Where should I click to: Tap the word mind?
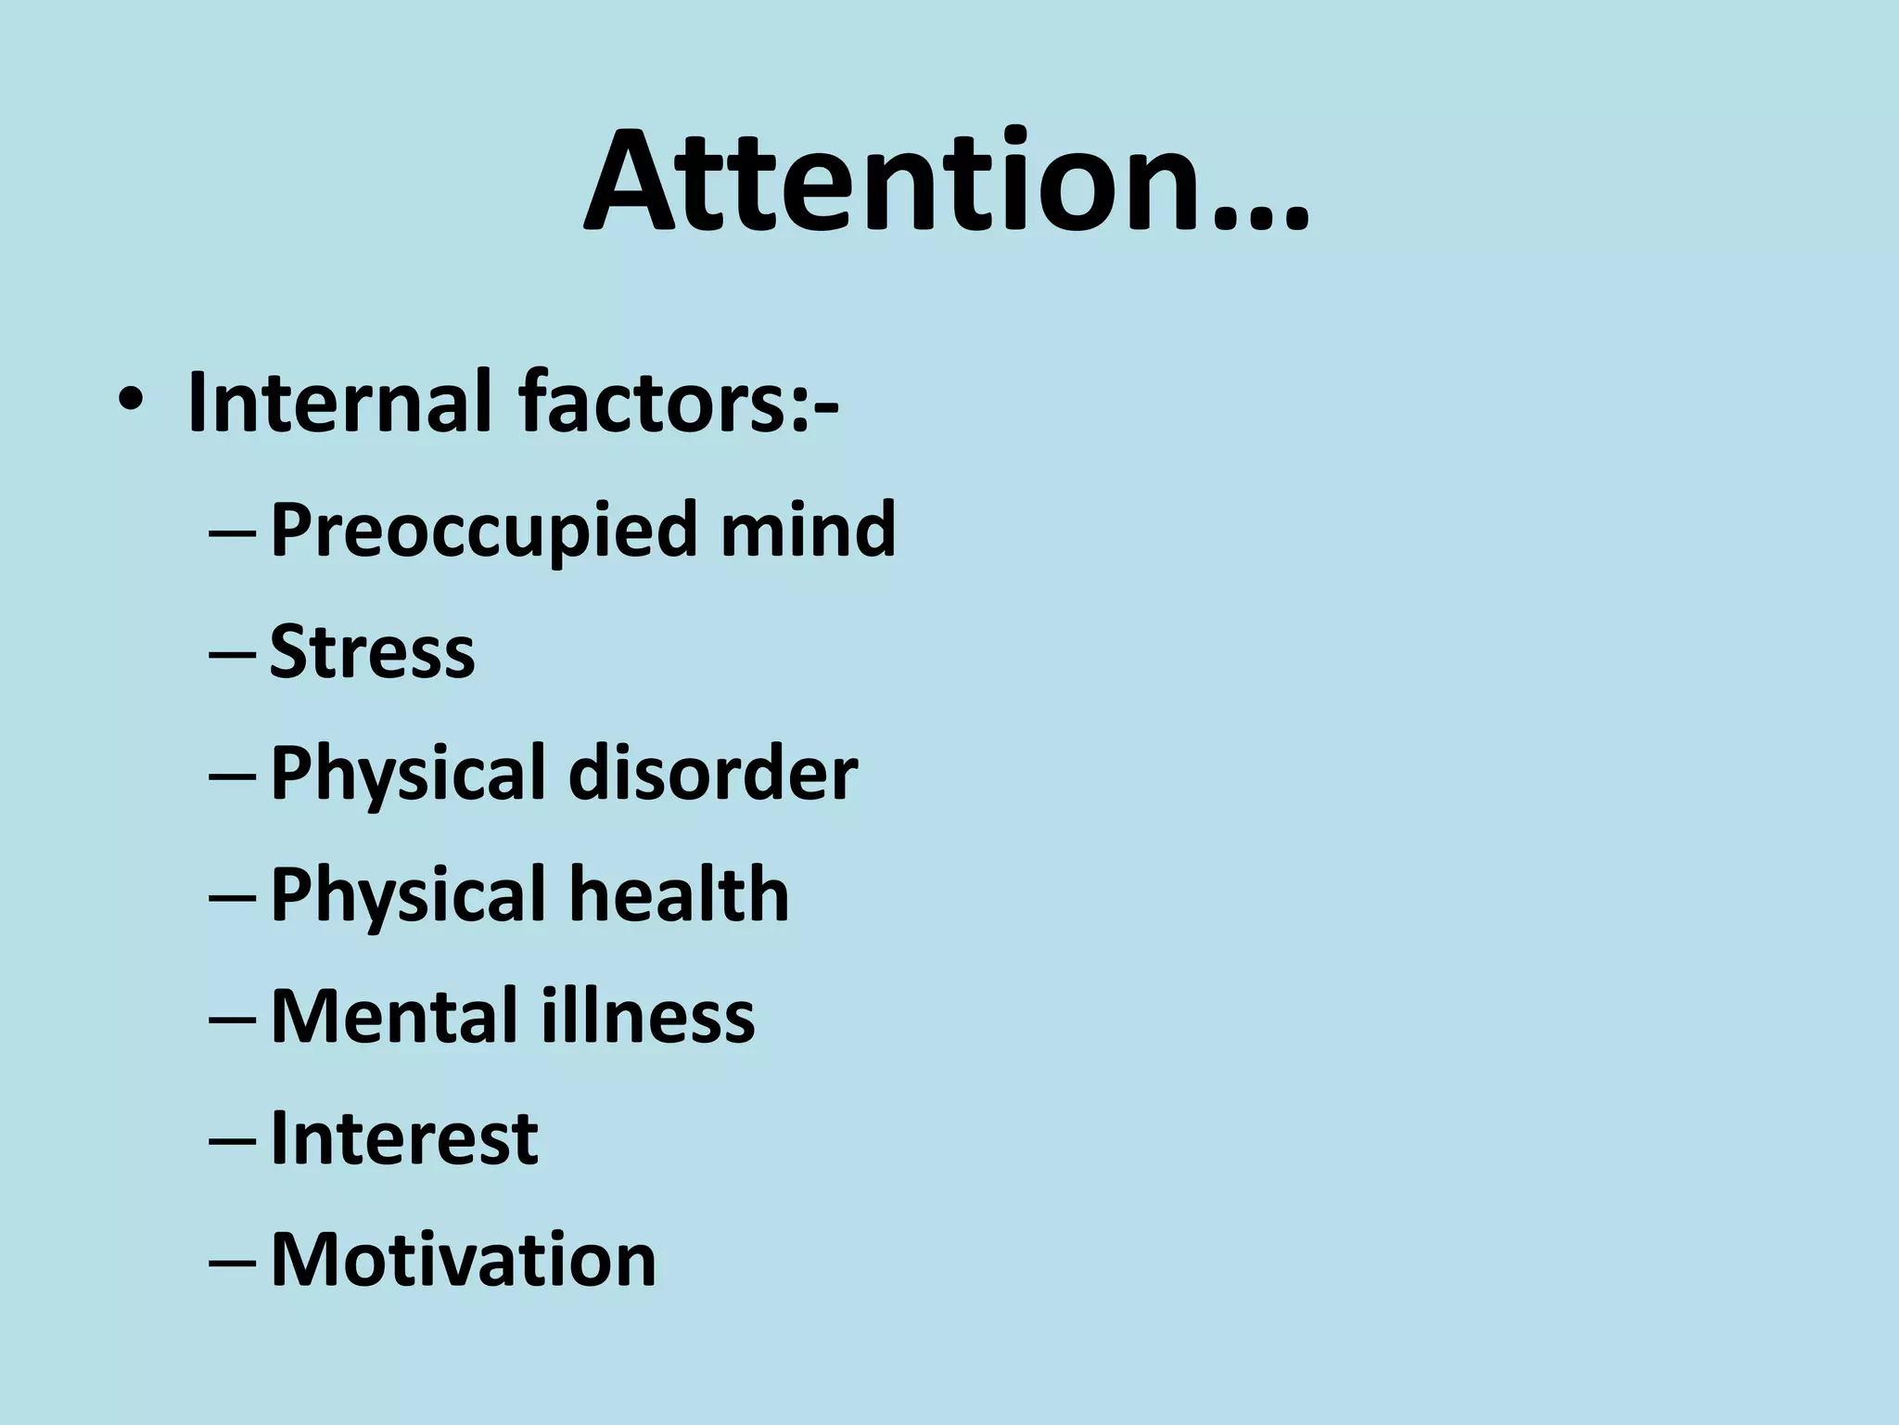(x=808, y=529)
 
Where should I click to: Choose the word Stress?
(x=372, y=651)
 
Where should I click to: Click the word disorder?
(x=712, y=773)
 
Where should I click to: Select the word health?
(x=678, y=894)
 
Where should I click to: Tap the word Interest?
(x=403, y=1138)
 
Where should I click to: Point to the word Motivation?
(x=463, y=1260)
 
